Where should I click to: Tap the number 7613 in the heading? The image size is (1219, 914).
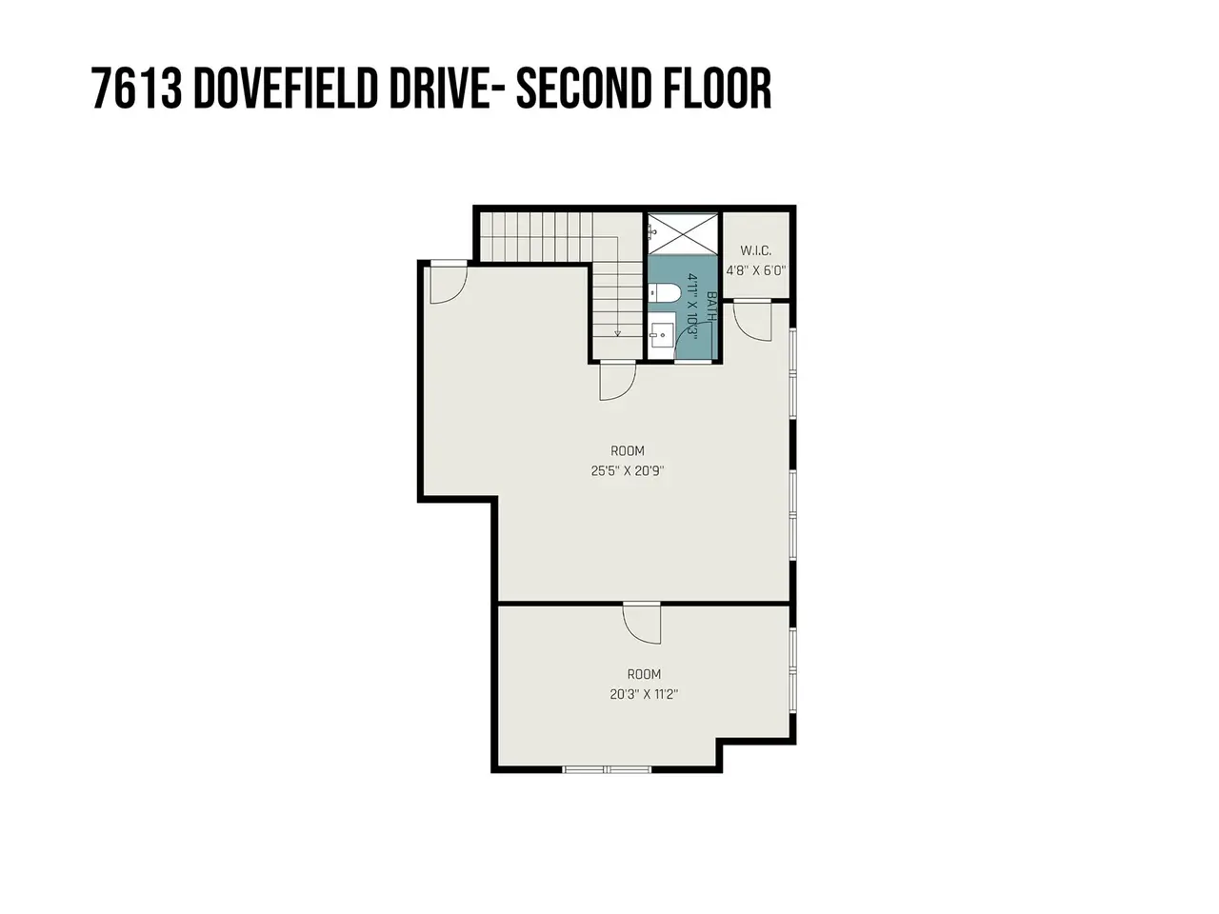[136, 89]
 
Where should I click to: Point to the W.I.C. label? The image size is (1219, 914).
[756, 250]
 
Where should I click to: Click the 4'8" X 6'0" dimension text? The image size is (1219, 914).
[756, 270]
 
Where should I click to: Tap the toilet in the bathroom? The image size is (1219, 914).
[664, 292]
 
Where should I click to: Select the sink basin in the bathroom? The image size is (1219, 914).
[662, 334]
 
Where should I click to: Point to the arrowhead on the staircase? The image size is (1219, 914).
[617, 333]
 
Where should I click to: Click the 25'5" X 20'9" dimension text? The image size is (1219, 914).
[628, 471]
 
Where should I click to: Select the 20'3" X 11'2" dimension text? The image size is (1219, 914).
[644, 694]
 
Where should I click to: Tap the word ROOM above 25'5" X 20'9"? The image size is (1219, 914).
[628, 450]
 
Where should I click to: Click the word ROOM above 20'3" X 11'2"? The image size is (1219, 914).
[644, 674]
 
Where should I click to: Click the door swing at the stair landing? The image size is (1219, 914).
[617, 381]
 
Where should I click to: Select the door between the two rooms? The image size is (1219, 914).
[642, 623]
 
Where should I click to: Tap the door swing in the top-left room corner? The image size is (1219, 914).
[449, 283]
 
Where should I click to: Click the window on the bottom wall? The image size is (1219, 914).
[607, 769]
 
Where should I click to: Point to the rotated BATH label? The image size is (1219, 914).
[711, 307]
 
